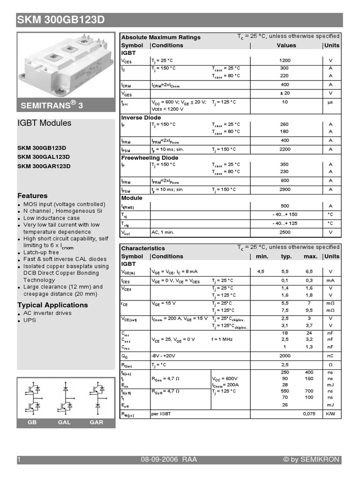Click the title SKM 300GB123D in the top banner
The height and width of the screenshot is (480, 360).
61,20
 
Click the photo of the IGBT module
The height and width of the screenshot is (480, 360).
66,63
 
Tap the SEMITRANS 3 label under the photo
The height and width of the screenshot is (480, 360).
52,106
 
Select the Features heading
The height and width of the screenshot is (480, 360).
32,195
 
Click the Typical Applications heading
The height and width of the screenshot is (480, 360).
52,305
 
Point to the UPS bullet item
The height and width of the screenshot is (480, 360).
30,320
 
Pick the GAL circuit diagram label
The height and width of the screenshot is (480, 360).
64,422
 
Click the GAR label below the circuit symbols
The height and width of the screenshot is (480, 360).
96,422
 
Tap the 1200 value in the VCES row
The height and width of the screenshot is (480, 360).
285,60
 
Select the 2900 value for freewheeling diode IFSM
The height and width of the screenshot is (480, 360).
285,189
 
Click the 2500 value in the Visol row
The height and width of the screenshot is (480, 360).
285,232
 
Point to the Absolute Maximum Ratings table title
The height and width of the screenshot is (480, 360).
161,37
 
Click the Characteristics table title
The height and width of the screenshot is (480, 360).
143,248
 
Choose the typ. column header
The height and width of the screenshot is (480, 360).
286,256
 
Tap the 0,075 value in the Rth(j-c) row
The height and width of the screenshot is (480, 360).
309,414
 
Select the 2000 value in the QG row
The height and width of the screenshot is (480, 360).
285,356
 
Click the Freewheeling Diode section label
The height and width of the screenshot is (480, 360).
150,158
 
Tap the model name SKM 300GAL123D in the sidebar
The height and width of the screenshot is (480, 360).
44,157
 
